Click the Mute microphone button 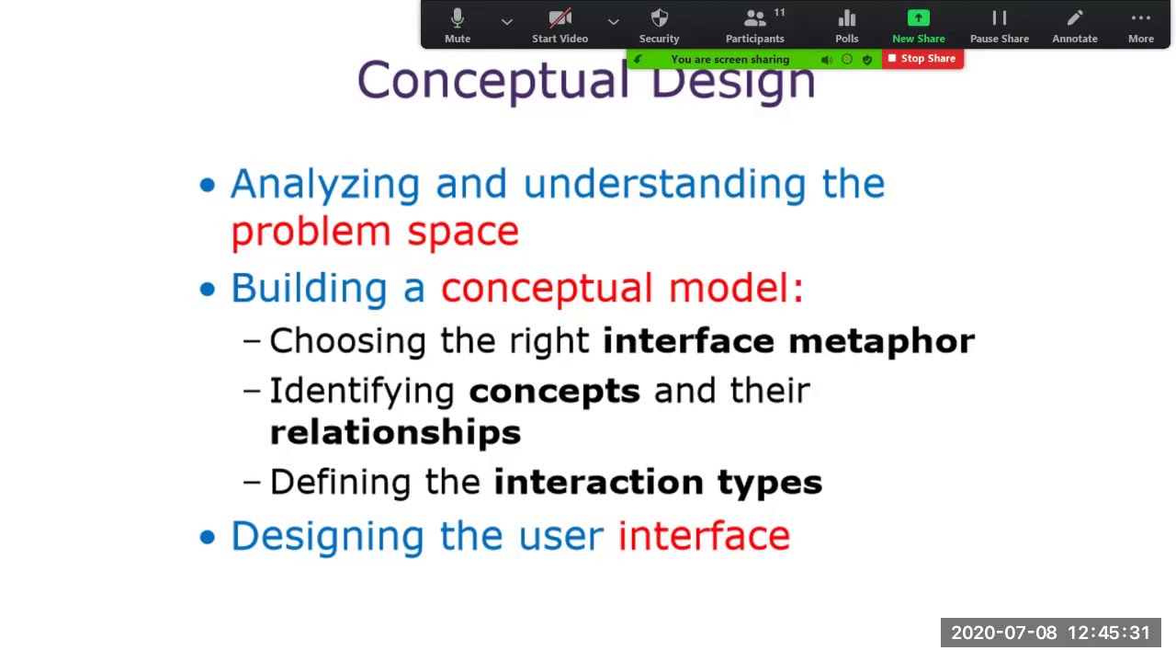pyautogui.click(x=458, y=25)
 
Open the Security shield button pyautogui.click(x=659, y=25)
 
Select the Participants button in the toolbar pyautogui.click(x=754, y=25)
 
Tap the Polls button pyautogui.click(x=846, y=25)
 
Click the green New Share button pyautogui.click(x=918, y=25)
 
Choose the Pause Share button pyautogui.click(x=999, y=25)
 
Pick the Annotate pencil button pyautogui.click(x=1074, y=25)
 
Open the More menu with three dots pyautogui.click(x=1140, y=25)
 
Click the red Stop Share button pyautogui.click(x=922, y=59)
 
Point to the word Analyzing pyautogui.click(x=324, y=184)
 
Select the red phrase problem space pyautogui.click(x=375, y=232)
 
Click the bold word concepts pyautogui.click(x=554, y=391)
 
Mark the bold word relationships pyautogui.click(x=395, y=433)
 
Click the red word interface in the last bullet pyautogui.click(x=704, y=536)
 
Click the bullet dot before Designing pyautogui.click(x=208, y=537)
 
